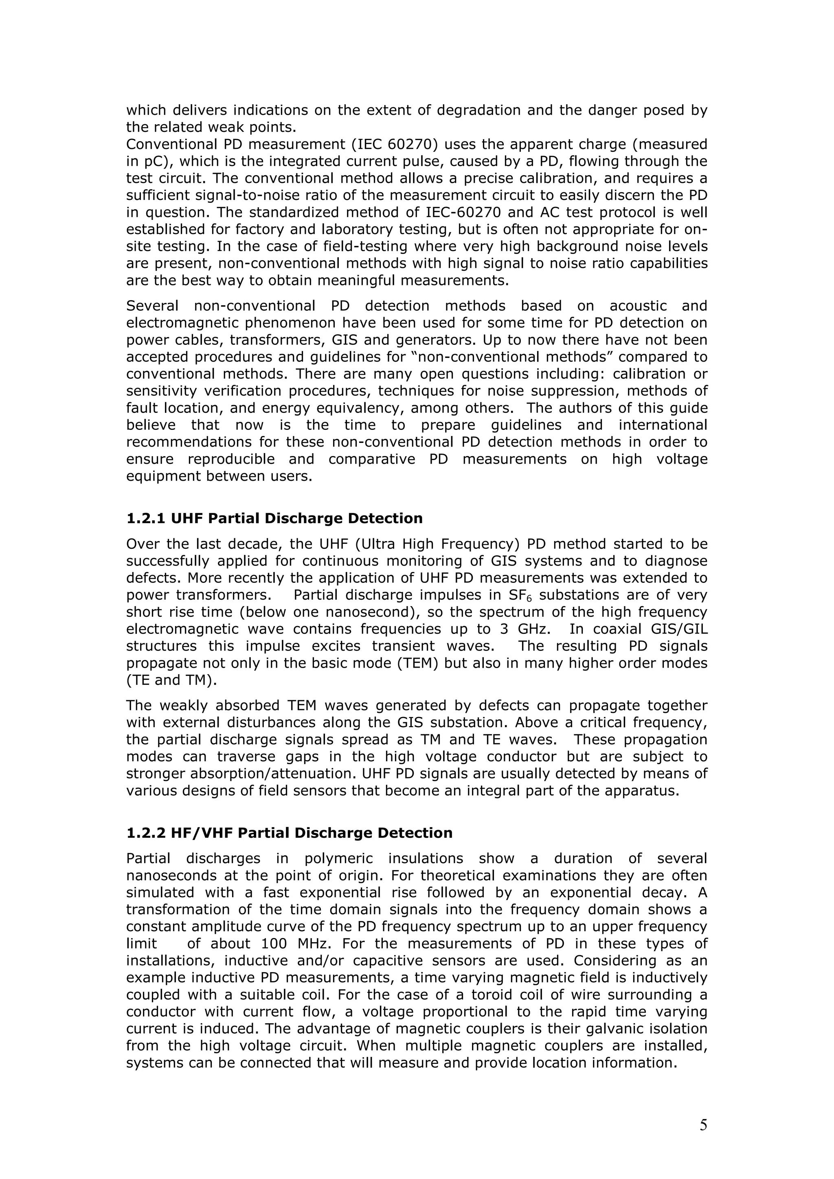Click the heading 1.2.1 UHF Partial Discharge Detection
(x=274, y=518)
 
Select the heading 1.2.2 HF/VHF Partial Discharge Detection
(x=289, y=833)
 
